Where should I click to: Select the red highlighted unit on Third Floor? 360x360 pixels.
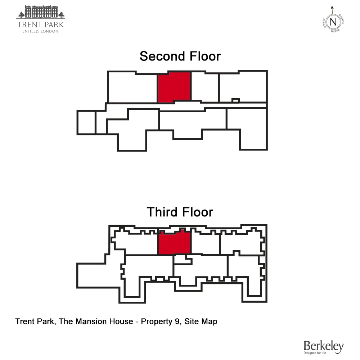(174, 243)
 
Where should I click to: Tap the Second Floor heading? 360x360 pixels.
(180, 57)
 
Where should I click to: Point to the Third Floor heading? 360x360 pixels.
(180, 212)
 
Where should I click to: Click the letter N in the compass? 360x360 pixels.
(333, 22)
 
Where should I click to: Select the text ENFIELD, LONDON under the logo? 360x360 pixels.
(41, 31)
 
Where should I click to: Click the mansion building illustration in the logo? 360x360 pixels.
(41, 12)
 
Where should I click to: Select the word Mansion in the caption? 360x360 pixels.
(89, 321)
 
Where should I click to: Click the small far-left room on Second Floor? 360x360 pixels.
(86, 122)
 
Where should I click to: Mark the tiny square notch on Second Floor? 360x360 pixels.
(235, 100)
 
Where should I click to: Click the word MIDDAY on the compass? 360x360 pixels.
(335, 31)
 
